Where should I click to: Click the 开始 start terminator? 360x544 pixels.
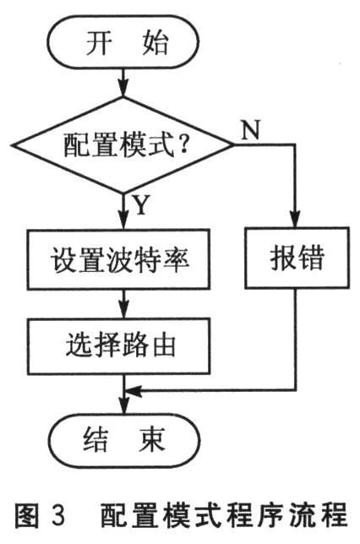coord(123,41)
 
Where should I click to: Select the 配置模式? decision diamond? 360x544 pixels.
coord(123,145)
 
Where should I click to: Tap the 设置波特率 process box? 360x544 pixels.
coord(118,259)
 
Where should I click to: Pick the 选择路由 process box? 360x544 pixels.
coord(118,345)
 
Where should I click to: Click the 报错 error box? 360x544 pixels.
coord(297,258)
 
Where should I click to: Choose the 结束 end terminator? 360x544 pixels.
coord(124,440)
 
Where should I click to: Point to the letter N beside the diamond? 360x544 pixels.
coord(251,130)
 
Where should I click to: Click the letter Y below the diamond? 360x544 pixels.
coord(141,205)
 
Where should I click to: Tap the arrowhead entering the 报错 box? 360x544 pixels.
coord(296,219)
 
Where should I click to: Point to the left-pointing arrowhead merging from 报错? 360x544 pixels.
coord(134,390)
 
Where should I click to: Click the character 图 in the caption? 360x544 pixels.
coord(26,515)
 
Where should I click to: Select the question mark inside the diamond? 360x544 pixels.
coord(183,144)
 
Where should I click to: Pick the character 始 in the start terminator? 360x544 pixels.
coord(155,43)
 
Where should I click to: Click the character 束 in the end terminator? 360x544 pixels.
coord(152,439)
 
